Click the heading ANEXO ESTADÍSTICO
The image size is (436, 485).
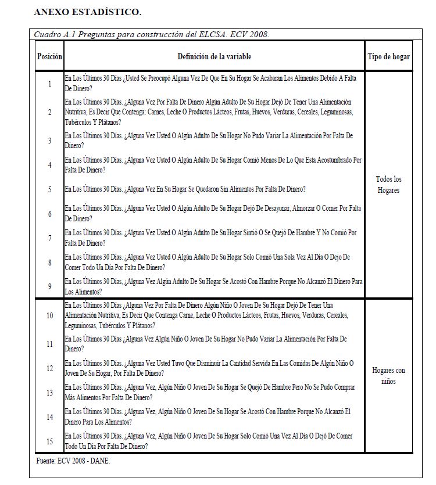[87, 12]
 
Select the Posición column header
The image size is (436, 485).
[49, 56]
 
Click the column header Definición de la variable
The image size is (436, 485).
[215, 56]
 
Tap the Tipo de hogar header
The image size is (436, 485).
[388, 56]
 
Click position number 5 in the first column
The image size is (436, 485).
[49, 189]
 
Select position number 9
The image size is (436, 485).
[49, 286]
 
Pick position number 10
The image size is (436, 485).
[49, 315]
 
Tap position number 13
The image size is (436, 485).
[49, 393]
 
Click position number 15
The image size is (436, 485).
[49, 442]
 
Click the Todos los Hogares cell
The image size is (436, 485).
[388, 185]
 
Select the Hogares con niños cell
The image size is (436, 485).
[388, 376]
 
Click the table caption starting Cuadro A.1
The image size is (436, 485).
[151, 34]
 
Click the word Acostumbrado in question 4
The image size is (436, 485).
[328, 160]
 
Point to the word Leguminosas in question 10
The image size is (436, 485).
[80, 326]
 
